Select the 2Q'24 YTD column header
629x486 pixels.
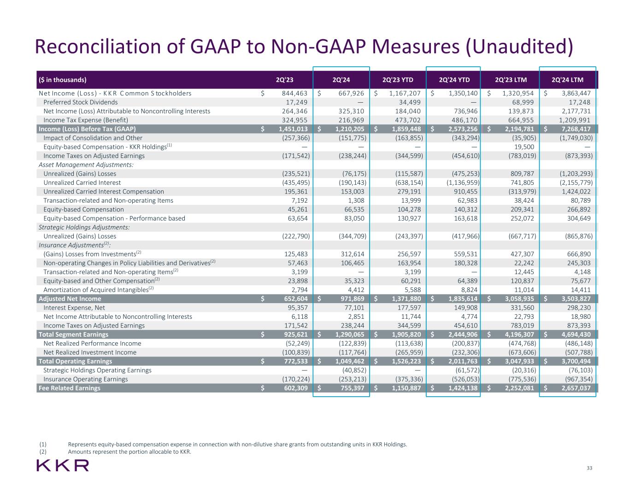pyautogui.click(x=454, y=80)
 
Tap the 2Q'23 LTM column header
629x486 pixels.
pyautogui.click(x=511, y=80)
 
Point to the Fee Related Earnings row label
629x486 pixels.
pyautogui.click(x=70, y=388)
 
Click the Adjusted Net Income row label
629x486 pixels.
pyautogui.click(x=70, y=299)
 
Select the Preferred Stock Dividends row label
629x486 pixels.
pyautogui.click(x=80, y=102)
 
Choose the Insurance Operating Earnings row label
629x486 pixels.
pyautogui.click(x=85, y=379)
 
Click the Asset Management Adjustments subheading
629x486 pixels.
pyautogui.click(x=86, y=165)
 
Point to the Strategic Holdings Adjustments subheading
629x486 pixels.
pyautogui.click(x=84, y=227)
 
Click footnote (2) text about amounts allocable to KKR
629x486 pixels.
pyautogui.click(x=129, y=452)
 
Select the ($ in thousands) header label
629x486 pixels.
pyautogui.click(x=63, y=80)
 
